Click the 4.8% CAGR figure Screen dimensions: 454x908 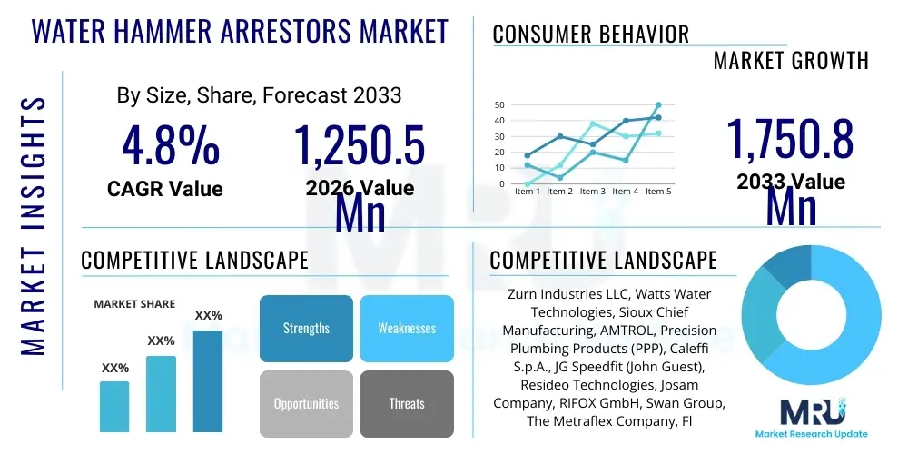tap(170, 145)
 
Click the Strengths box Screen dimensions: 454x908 tap(306, 328)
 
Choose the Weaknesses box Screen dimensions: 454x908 tap(407, 328)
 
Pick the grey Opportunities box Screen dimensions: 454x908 tap(306, 403)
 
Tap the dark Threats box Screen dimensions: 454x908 tap(407, 403)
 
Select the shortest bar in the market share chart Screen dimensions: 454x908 tap(114, 406)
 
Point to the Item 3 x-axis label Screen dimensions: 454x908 tap(592, 192)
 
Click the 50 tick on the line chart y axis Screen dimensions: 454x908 tap(498, 104)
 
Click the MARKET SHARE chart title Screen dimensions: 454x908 tap(134, 304)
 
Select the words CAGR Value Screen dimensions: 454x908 tap(164, 189)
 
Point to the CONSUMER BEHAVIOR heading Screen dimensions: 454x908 tap(590, 35)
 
